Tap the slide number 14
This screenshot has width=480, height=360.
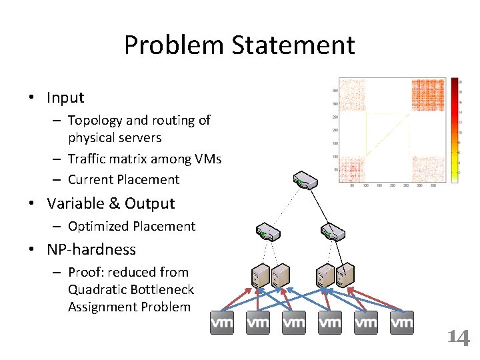coord(457,337)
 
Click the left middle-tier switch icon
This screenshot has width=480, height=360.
coord(268,232)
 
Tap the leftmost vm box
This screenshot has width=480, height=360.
coord(222,323)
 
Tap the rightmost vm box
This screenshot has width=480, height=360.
coord(402,323)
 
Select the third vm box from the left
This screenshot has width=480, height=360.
coord(294,323)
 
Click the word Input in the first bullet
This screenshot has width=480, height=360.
coord(65,97)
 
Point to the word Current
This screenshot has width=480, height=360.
coord(91,179)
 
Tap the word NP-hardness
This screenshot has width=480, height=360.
coord(91,249)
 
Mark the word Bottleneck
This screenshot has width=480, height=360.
coord(163,290)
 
